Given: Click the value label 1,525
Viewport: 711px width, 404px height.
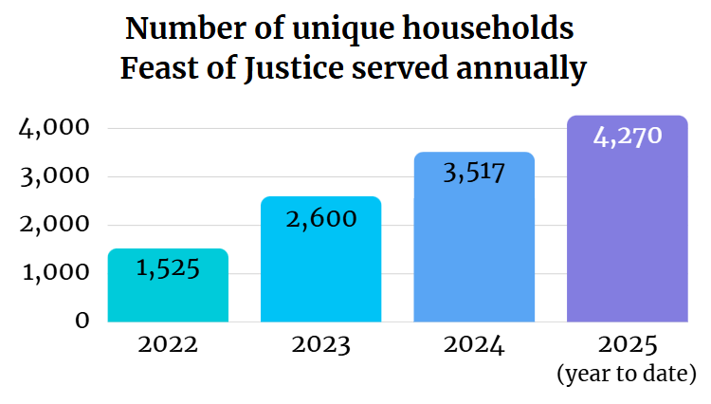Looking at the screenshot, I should point(168,268).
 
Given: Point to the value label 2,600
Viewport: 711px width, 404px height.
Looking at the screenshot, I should point(320,218).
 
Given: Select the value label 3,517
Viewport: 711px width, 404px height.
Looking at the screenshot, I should point(474,173).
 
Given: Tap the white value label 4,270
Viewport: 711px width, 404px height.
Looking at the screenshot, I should point(627,137).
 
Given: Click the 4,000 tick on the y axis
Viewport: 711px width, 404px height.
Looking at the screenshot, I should point(54,128).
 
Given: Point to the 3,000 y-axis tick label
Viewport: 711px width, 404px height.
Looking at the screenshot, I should point(54,176).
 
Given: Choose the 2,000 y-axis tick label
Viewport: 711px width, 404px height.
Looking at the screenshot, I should point(54,225).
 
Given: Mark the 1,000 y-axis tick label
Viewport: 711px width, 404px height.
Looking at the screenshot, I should point(54,273).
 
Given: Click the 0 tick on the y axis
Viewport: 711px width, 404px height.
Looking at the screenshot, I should point(82,321).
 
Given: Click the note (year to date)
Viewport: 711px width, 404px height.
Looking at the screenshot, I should point(627,375).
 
